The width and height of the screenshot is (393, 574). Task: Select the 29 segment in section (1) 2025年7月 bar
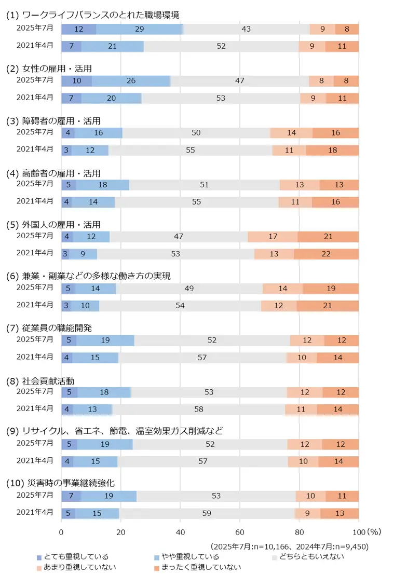click(139, 29)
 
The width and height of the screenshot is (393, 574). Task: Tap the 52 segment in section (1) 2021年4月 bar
click(221, 46)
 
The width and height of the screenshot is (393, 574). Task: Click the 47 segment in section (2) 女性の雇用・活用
click(239, 81)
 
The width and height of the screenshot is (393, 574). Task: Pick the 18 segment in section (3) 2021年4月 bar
click(332, 150)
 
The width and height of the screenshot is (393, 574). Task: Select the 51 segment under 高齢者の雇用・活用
click(205, 185)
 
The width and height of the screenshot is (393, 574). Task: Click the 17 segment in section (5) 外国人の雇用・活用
click(273, 237)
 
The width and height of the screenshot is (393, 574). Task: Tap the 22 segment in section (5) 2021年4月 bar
click(326, 254)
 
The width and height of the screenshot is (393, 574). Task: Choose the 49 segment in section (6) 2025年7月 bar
click(189, 289)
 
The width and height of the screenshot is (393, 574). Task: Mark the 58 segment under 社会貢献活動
click(198, 409)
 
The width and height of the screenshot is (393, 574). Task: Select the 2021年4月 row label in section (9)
click(35, 460)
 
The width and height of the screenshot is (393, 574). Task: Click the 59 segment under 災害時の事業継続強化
click(207, 513)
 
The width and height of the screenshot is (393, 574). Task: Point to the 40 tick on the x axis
click(180, 532)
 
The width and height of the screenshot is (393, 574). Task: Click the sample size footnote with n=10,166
click(289, 546)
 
